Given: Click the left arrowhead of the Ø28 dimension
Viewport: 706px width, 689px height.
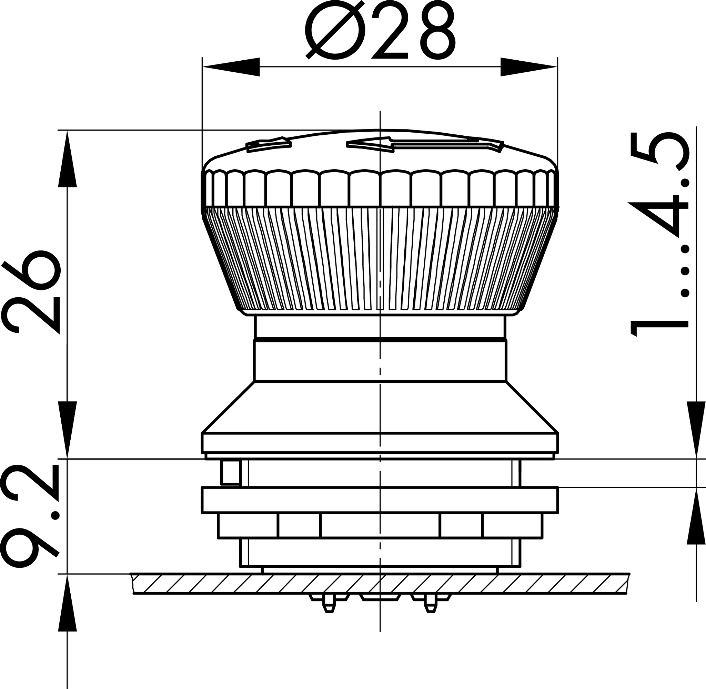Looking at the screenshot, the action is (231, 67).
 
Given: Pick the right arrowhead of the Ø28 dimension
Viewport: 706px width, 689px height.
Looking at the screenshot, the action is (528, 67).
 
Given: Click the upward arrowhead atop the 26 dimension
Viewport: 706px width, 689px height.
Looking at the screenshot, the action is (67, 159).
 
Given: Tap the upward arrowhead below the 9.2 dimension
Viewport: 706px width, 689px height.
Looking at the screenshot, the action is (67, 603).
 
